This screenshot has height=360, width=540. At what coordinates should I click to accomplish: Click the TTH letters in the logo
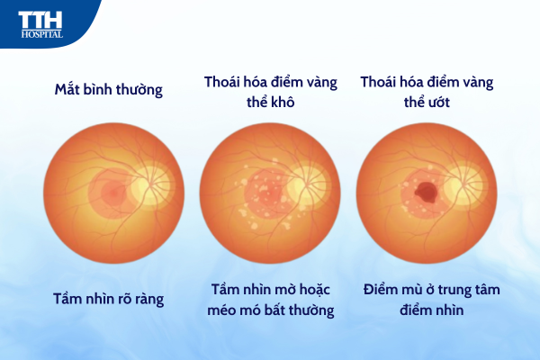click(40, 20)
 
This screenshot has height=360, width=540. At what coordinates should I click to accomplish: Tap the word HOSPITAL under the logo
click(42, 34)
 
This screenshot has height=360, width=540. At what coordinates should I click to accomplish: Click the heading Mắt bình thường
click(109, 90)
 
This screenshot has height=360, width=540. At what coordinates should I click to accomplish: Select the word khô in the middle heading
click(282, 102)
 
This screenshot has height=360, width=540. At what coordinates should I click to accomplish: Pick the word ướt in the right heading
click(437, 102)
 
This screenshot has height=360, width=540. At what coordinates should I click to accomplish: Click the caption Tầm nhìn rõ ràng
click(109, 299)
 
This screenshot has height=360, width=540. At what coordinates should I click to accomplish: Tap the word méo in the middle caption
click(221, 310)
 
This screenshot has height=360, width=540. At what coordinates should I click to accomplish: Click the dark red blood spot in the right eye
click(426, 191)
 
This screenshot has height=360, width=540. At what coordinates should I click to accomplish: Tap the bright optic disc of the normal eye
click(148, 185)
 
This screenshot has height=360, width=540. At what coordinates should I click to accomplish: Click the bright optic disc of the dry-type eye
click(306, 185)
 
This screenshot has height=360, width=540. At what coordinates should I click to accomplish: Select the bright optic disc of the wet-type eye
click(463, 185)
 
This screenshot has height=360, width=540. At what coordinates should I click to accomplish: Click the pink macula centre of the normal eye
click(112, 193)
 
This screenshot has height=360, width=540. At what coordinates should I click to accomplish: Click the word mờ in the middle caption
click(286, 290)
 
